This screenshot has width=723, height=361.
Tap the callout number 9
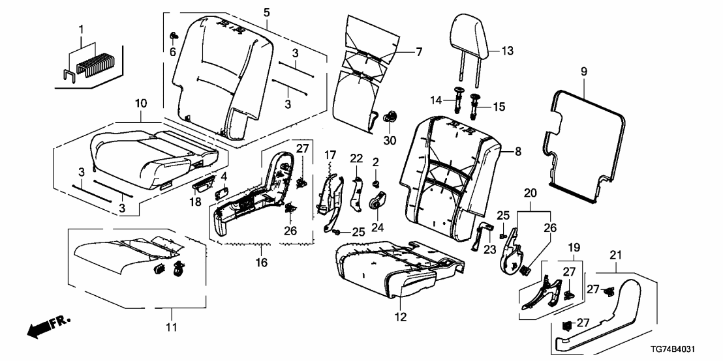pos(583,70)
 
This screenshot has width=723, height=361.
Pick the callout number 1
pos(80,31)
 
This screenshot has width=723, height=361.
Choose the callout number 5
pos(266,12)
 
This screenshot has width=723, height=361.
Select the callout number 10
pos(140,103)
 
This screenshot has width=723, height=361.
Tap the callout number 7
pos(419,51)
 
